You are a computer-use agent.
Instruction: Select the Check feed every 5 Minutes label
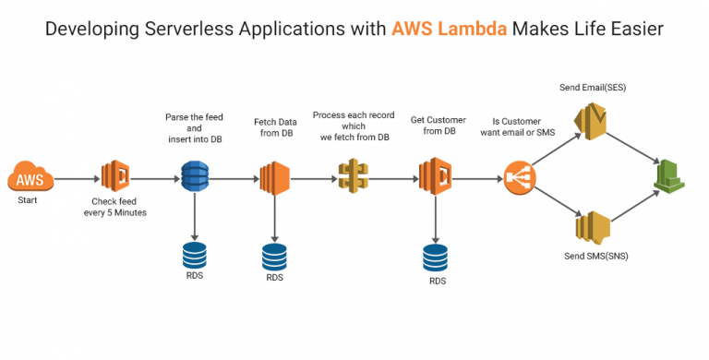pyautogui.click(x=116, y=208)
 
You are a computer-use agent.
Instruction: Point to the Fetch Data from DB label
pyautogui.click(x=274, y=128)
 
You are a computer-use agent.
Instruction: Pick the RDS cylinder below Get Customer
pyautogui.click(x=434, y=258)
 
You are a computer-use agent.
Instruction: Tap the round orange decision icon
pyautogui.click(x=518, y=175)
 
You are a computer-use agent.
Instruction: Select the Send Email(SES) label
pyautogui.click(x=589, y=87)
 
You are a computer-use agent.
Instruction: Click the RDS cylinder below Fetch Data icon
pyautogui.click(x=274, y=256)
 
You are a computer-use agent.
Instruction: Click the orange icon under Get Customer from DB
pyautogui.click(x=434, y=175)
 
